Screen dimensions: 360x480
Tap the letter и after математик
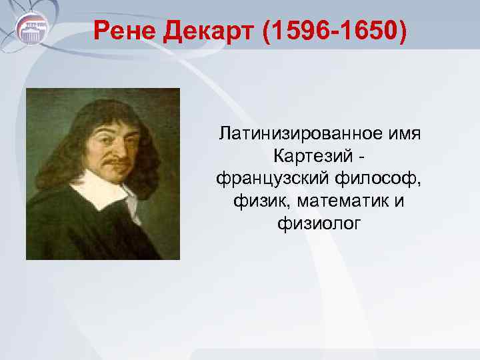(399, 201)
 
